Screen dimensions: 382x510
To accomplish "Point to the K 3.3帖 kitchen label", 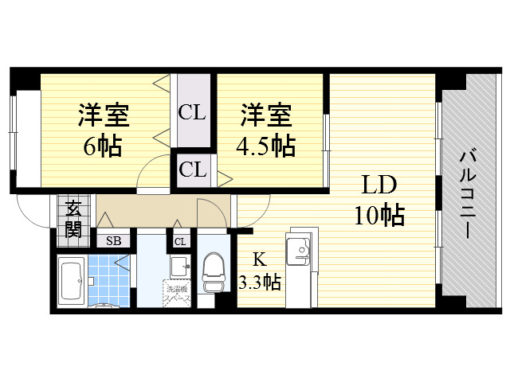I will click(x=259, y=271).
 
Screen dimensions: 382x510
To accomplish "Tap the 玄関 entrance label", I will click(x=73, y=219).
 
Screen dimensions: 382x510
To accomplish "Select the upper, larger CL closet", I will click(x=192, y=112).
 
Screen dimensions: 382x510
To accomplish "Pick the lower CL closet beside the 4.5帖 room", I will click(x=192, y=169).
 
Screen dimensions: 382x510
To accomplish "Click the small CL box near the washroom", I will click(x=180, y=241).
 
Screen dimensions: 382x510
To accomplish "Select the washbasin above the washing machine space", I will click(x=179, y=266).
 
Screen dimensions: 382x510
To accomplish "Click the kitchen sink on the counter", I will click(x=301, y=251).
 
